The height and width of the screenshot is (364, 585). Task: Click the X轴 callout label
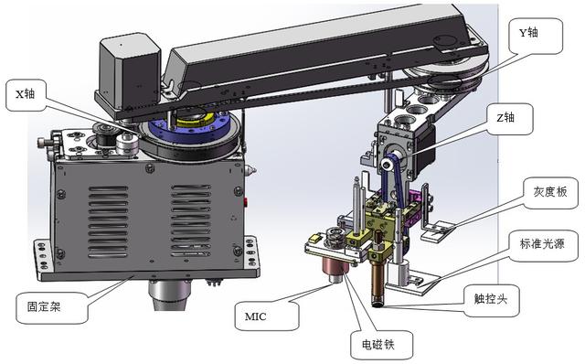[26, 94]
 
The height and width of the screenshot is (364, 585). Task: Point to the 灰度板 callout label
[550, 192]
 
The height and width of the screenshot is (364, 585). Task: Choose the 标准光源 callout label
[543, 244]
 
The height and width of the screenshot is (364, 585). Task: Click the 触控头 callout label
[492, 300]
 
